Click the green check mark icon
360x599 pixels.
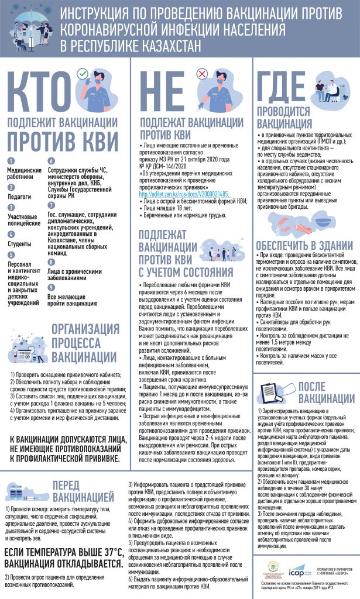coord(83,73)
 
